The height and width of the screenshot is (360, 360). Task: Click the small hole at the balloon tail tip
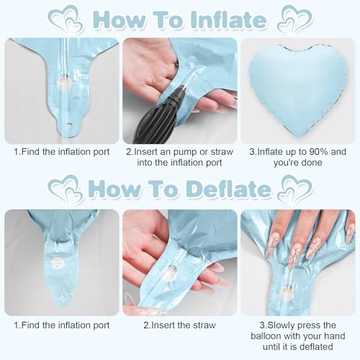tap(70, 125)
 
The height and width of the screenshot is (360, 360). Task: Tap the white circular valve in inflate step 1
tap(64, 81)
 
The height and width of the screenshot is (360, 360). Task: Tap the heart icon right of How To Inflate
tap(295, 19)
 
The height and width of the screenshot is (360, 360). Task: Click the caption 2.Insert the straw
tap(179, 325)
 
